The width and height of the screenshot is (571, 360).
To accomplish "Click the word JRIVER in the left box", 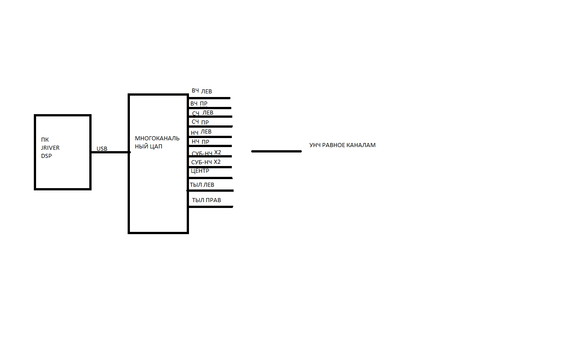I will pos(50,148).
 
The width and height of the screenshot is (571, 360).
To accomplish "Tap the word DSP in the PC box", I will pos(46,156).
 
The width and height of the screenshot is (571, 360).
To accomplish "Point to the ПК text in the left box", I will pos(45,139).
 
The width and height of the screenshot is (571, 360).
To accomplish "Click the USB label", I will pos(102,148).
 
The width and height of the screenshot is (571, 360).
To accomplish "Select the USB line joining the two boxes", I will pos(110,152).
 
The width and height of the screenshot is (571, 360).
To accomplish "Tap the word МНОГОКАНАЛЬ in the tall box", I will pos(157,138).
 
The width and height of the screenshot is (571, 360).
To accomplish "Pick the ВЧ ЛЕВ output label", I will pos(202,91).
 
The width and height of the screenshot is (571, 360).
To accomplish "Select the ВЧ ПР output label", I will pos(199,104).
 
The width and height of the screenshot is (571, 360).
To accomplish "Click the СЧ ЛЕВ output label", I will pos(203,113).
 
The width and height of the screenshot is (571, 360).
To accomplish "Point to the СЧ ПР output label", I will pos(200,122).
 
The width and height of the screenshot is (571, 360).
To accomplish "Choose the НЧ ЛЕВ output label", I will pos(201,132).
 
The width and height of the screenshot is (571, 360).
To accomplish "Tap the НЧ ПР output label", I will pos(200,142).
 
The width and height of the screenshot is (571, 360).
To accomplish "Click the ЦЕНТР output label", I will pos(200,171).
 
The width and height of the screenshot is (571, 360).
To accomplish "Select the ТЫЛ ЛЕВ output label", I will pos(202,185).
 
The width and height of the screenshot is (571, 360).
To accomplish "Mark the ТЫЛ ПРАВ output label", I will pos(206,200).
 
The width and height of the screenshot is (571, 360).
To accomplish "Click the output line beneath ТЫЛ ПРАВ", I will pos(211,207).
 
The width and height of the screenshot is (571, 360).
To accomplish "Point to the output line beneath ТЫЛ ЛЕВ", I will pos(211,190).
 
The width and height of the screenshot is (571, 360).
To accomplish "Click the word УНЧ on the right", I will pos(315,145).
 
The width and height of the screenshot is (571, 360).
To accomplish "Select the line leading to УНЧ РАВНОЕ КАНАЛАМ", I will pos(276,151).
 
